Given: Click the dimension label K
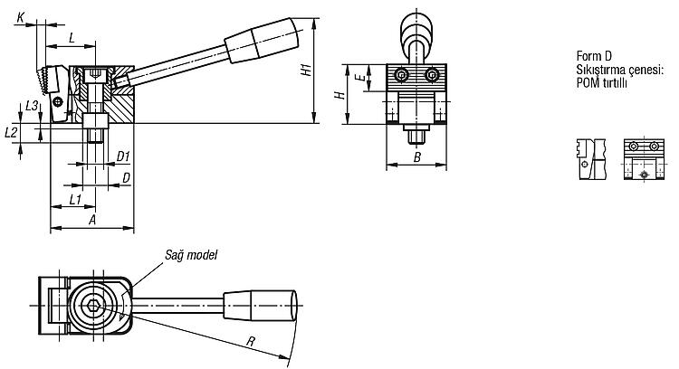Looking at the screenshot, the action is (x=20, y=17).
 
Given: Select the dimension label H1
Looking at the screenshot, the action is (x=307, y=70).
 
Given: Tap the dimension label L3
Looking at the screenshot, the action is (x=32, y=105).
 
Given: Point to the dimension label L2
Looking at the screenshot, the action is (x=11, y=132).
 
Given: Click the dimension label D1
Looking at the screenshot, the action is (x=123, y=156).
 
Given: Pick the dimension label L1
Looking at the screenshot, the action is (x=75, y=200).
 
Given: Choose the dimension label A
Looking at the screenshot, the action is (x=91, y=220).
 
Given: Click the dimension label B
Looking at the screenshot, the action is (x=416, y=157).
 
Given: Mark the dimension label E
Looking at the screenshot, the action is (x=359, y=78).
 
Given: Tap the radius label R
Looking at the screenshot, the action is (x=250, y=341).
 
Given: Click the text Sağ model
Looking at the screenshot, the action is (x=191, y=255).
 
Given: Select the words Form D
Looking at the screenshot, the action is (x=594, y=56).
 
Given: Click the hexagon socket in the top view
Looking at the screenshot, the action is (x=92, y=306).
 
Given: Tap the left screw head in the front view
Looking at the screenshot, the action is (x=401, y=75).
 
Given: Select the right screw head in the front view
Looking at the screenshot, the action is (x=432, y=75).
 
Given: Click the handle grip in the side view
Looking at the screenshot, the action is (x=262, y=40).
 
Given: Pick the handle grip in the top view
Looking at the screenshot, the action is (x=260, y=306).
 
